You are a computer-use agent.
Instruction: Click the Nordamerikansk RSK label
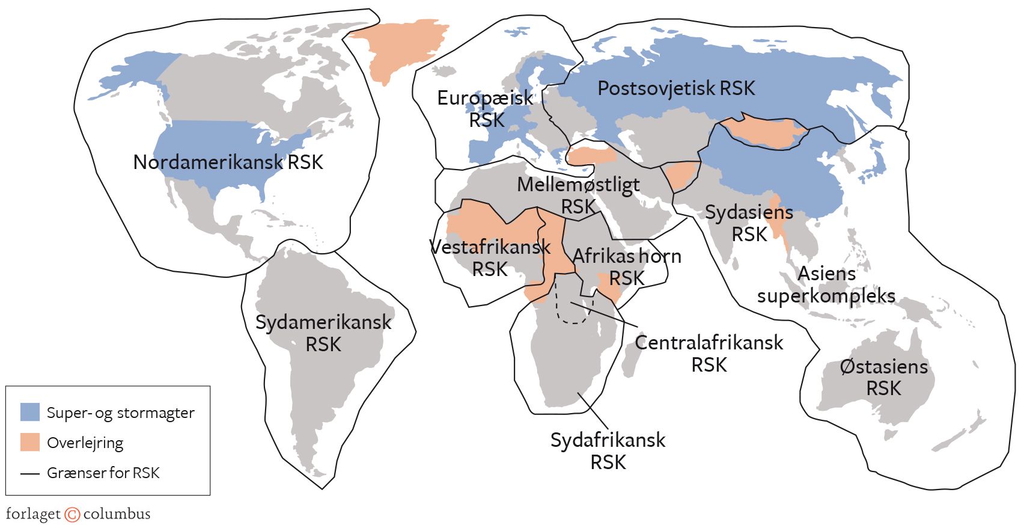[228, 162]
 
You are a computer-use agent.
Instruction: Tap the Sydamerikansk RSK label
[323, 333]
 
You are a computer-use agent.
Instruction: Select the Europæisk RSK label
[485, 108]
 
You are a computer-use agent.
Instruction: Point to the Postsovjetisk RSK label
[676, 88]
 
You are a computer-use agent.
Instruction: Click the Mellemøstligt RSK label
[578, 195]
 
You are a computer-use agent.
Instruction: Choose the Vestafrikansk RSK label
[490, 258]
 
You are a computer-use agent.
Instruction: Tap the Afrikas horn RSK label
[627, 267]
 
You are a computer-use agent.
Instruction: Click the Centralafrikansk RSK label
[709, 354]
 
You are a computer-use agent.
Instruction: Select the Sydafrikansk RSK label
[608, 451]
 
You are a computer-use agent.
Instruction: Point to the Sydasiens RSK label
[749, 223]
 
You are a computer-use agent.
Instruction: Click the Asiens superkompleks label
[826, 284]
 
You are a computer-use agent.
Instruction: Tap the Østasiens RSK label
[883, 377]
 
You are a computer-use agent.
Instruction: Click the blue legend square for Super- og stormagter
[30, 412]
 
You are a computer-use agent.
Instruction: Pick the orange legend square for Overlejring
[30, 442]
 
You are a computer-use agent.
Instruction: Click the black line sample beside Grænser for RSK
[30, 473]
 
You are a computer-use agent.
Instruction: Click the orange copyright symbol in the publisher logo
[72, 515]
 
